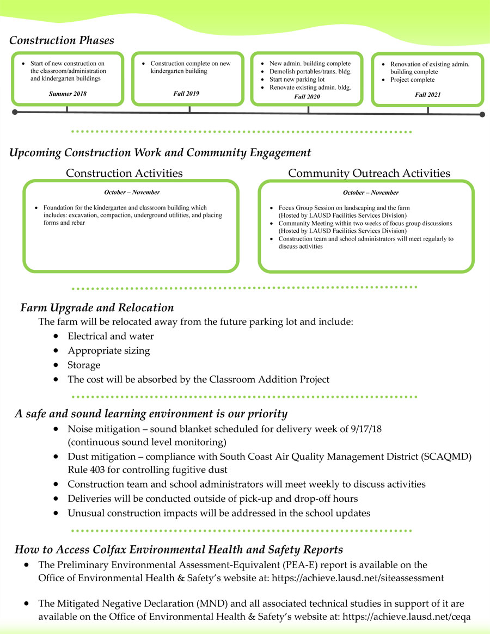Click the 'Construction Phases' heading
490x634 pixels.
[62, 40]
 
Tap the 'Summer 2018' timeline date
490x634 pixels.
[68, 94]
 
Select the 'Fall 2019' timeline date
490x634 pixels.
[186, 93]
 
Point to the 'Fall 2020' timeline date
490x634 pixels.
[308, 96]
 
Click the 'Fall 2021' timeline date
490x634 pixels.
[427, 95]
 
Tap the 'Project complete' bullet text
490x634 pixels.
[412, 79]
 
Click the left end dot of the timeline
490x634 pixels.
[15, 112]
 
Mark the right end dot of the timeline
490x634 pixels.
[482, 114]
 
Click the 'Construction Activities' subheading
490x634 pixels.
[124, 173]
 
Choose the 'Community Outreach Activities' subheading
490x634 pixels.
[369, 173]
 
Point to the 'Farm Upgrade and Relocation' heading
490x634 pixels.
[97, 308]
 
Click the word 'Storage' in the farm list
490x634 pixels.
[84, 365]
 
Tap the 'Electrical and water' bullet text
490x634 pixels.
[111, 336]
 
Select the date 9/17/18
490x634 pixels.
[365, 428]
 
